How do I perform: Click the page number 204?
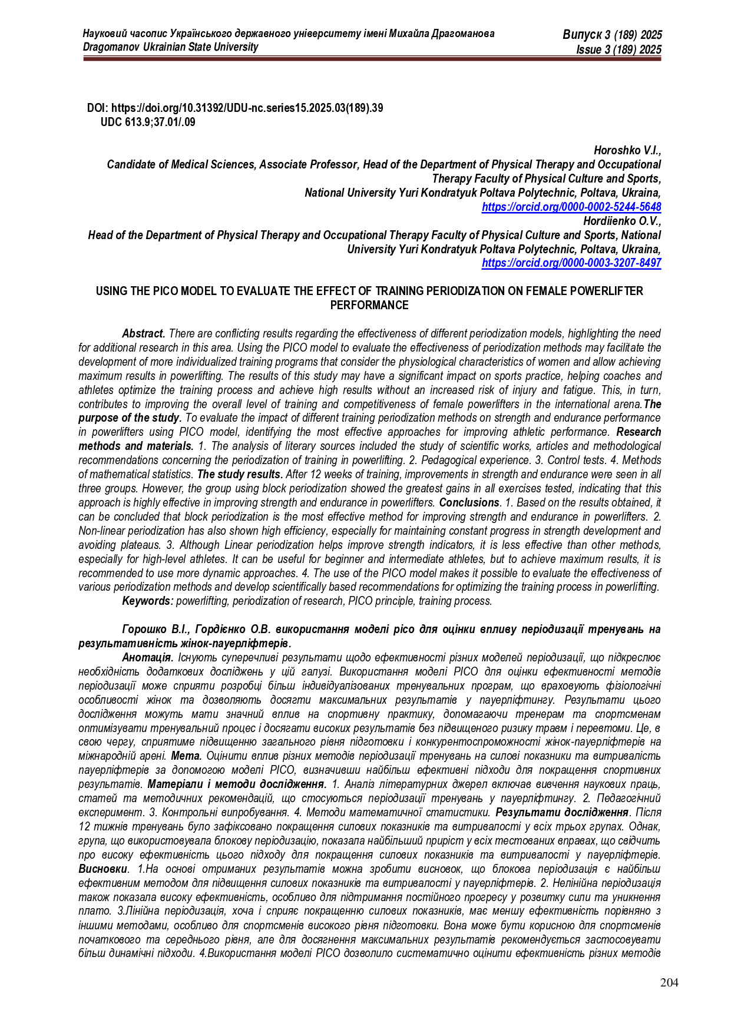click(x=669, y=982)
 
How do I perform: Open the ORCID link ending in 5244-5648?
click(x=571, y=207)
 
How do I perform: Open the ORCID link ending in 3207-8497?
click(x=571, y=263)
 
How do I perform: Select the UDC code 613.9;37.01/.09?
click(x=148, y=122)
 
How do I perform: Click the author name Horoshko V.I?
click(x=627, y=151)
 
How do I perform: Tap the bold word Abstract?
click(x=143, y=334)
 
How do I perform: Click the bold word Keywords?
click(x=148, y=601)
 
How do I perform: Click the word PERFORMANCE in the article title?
click(x=369, y=305)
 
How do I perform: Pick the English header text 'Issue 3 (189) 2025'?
click(x=618, y=50)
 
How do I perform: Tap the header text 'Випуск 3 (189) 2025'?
click(x=612, y=35)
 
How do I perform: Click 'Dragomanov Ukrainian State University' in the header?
click(x=170, y=47)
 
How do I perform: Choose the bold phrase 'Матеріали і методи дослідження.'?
click(x=237, y=784)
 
